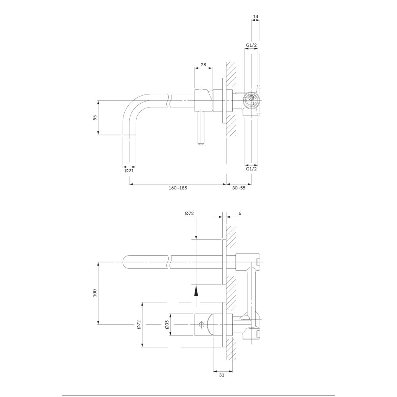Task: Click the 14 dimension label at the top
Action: (255, 17)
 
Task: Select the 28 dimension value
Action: (203, 65)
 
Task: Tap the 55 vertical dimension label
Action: (95, 118)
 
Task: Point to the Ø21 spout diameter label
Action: (129, 171)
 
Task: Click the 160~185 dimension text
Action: (178, 188)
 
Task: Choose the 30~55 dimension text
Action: (239, 188)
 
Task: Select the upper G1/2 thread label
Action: (251, 45)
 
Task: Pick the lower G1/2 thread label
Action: (251, 169)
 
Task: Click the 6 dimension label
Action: (240, 214)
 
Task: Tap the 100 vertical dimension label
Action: (95, 293)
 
